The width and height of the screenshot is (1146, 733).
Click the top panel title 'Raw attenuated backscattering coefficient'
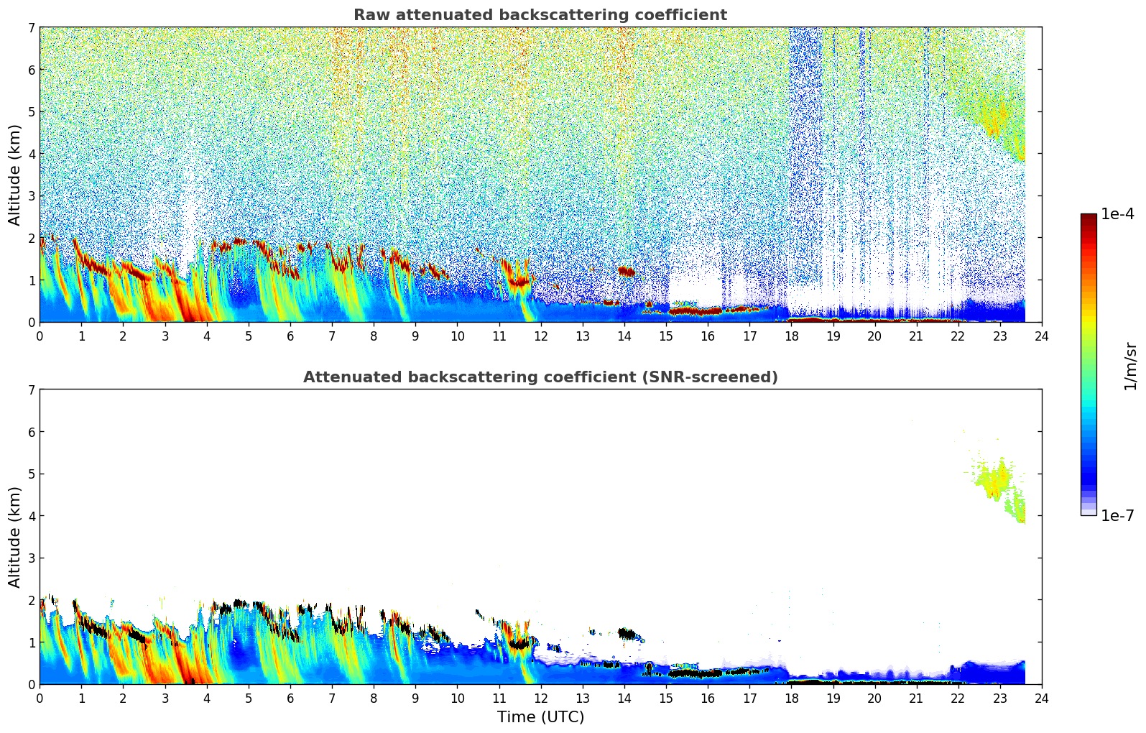(x=540, y=15)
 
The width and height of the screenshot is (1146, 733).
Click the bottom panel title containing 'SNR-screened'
(x=540, y=377)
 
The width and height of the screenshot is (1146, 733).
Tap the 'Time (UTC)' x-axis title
(x=540, y=717)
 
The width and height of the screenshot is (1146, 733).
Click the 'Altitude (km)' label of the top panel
(x=15, y=175)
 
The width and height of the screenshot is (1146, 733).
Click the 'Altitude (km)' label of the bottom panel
(x=15, y=537)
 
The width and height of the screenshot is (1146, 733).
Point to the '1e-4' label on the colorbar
(x=1117, y=214)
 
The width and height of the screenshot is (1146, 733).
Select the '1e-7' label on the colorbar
(x=1117, y=516)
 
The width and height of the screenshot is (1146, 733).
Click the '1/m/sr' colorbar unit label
(x=1130, y=366)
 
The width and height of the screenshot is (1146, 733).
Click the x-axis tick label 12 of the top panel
(x=540, y=336)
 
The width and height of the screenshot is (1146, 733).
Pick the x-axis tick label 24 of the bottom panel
(x=1041, y=698)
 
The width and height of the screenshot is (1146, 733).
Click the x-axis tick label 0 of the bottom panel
(x=40, y=698)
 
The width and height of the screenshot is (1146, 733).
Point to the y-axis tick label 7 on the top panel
(x=32, y=27)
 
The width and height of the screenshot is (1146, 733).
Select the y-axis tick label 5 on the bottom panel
(x=32, y=474)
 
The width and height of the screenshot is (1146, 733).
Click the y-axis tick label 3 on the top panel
(x=32, y=196)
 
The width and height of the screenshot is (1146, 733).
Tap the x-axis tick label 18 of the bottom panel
(x=791, y=698)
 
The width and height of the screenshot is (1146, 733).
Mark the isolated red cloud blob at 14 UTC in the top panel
(x=627, y=272)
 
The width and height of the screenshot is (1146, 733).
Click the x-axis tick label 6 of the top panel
(x=290, y=336)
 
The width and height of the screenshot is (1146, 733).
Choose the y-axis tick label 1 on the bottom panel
(x=32, y=642)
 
